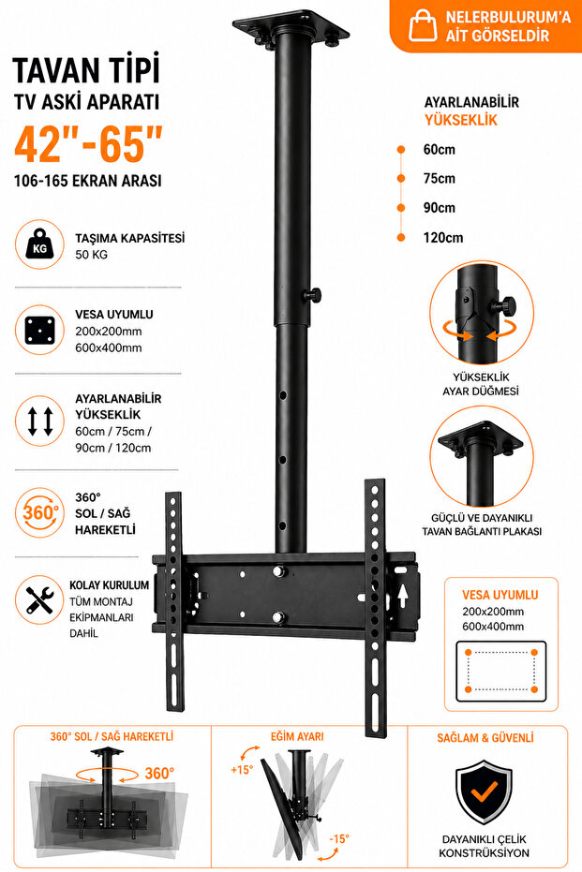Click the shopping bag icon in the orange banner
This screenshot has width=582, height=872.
click(423, 26)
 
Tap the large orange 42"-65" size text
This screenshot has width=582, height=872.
click(88, 144)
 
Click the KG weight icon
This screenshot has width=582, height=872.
click(40, 244)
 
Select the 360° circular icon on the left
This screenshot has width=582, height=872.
click(40, 512)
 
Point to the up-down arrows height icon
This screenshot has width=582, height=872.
click(40, 421)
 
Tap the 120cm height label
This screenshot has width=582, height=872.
click(443, 238)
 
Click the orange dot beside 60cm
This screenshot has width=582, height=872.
click(400, 150)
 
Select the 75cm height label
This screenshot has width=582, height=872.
click(439, 179)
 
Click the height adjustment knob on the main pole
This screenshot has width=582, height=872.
click(314, 294)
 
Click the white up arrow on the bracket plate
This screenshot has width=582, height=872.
click(402, 595)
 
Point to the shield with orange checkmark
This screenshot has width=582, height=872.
click(485, 793)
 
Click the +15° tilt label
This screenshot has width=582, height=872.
click(242, 770)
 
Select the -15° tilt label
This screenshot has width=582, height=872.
click(339, 838)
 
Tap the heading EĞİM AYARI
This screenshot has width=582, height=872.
click(297, 737)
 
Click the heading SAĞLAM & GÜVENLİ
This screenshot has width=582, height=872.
click(485, 738)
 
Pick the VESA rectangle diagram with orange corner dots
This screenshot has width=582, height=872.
click(501, 671)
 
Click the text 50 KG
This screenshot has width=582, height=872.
click(91, 255)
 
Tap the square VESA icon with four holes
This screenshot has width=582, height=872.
click(40, 331)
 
